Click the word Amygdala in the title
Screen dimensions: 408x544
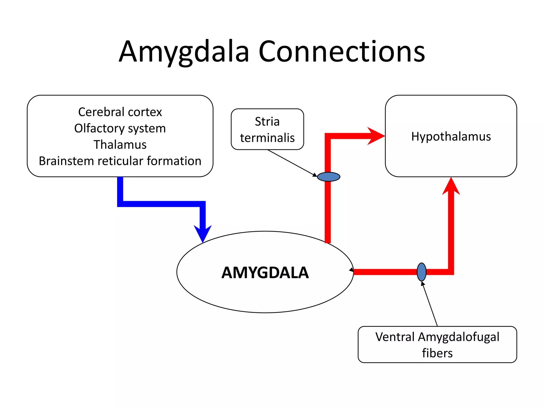tap(184, 52)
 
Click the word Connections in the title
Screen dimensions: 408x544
tap(342, 52)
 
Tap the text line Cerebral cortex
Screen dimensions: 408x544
tap(120, 112)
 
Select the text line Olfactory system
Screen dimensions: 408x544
tap(120, 129)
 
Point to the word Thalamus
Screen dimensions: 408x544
tap(120, 145)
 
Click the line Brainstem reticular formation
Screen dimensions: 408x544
tap(120, 161)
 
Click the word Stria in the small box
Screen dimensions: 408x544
tap(267, 122)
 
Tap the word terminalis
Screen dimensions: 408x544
tap(267, 138)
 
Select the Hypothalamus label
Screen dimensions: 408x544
tap(451, 137)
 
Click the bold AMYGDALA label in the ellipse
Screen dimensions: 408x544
tap(265, 273)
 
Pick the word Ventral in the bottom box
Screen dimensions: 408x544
tap(395, 337)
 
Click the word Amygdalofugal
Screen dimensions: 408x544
tap(459, 337)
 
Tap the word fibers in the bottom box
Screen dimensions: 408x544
tap(437, 353)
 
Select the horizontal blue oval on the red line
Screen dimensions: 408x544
tap(329, 177)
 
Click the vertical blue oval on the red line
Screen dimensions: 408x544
tap(422, 272)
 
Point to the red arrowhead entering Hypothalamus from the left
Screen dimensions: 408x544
tap(375, 136)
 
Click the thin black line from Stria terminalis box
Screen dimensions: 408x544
tap(291, 162)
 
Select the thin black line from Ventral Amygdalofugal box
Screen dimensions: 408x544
tap(430, 304)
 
